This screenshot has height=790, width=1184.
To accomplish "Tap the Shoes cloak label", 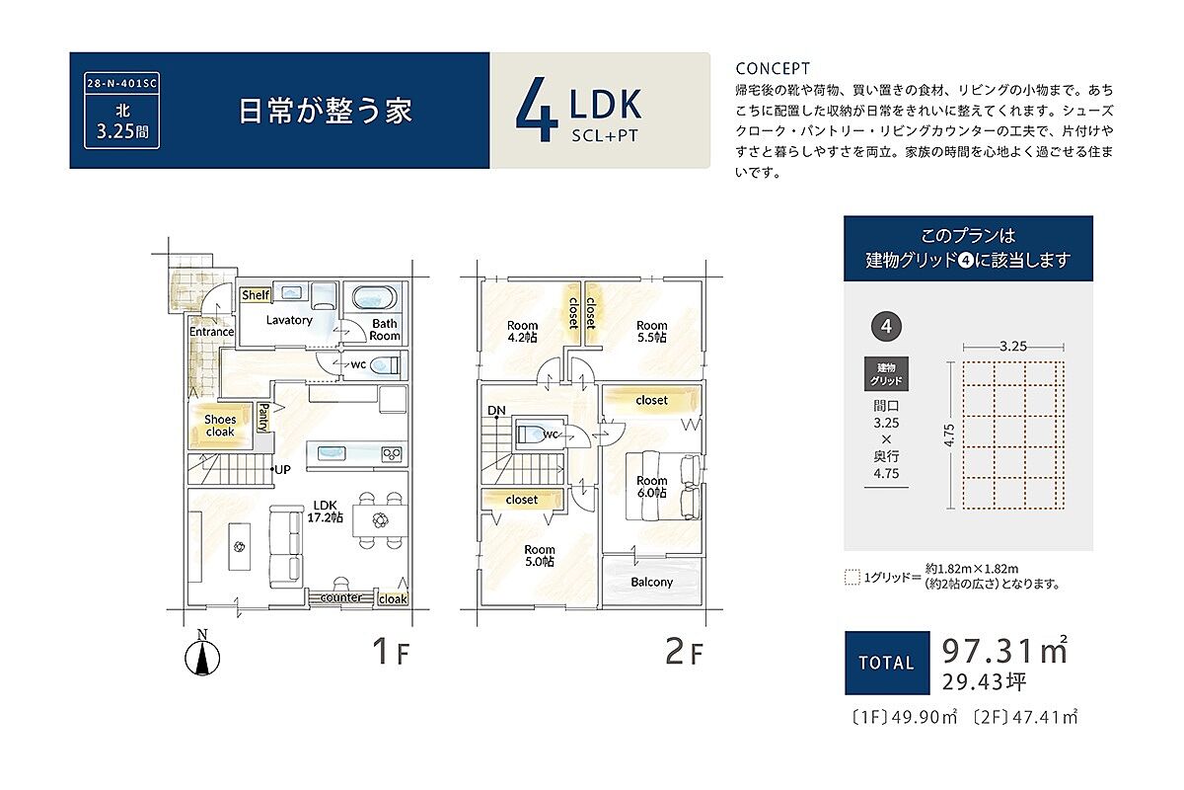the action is point(220,426).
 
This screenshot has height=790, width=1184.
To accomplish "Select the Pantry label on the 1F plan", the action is point(263,418).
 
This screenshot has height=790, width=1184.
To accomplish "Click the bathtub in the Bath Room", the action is point(374,297).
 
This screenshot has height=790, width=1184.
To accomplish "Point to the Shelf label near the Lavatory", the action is point(256,294).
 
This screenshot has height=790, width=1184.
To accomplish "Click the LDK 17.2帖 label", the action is point(325,512).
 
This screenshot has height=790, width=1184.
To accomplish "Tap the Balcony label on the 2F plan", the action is point(652,582).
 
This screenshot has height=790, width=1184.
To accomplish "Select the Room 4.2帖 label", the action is point(522,331).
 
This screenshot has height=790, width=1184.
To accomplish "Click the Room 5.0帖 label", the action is point(539,556).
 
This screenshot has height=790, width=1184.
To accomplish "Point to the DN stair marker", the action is point(496,410).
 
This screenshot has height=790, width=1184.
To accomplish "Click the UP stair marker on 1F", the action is point(282,469).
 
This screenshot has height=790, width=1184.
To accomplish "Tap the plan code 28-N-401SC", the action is point(121,84).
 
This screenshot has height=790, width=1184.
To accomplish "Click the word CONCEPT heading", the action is point(773,69).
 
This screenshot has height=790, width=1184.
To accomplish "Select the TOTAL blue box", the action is point(887,663).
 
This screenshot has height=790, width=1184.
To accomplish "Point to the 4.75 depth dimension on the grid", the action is point(949,434).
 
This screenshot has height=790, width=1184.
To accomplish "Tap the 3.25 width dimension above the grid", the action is point(1012,347).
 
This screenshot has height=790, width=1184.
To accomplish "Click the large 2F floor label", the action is point(684,652).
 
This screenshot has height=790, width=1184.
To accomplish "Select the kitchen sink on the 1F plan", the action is point(332,453).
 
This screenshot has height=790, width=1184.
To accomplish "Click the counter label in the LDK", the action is point(341,597).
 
